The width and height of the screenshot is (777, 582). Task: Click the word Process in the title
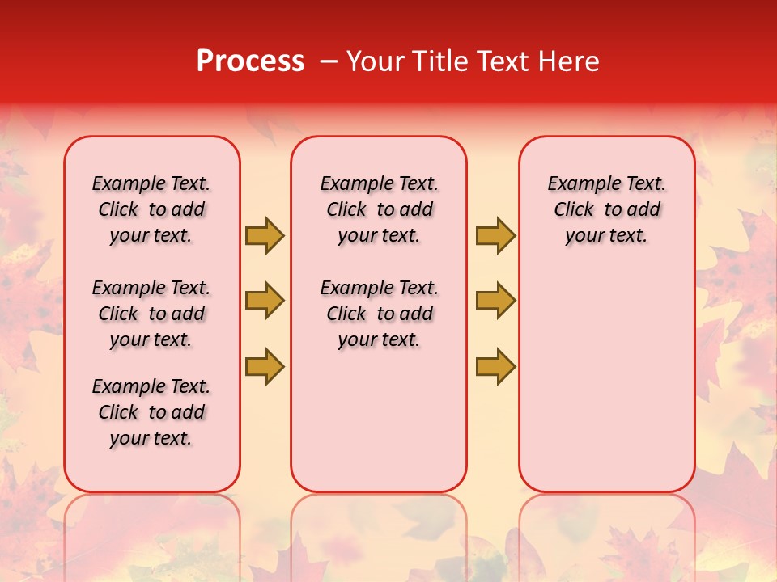[250, 61]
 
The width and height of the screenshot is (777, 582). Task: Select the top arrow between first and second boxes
[265, 235]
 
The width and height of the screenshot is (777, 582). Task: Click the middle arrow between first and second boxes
[265, 301]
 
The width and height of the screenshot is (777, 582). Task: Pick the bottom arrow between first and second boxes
[265, 366]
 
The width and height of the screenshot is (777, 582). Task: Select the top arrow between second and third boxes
[495, 235]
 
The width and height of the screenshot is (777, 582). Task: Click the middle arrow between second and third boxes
[495, 301]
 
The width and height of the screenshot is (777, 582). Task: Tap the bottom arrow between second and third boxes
[495, 366]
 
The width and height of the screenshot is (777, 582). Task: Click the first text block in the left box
[151, 209]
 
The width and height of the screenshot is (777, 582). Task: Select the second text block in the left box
[151, 314]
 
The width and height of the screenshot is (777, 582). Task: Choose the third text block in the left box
[151, 412]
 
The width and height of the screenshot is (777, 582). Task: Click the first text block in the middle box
[379, 209]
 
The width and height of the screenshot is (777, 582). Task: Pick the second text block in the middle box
[379, 314]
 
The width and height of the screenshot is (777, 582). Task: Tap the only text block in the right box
[606, 209]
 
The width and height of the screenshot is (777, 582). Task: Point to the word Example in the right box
[577, 184]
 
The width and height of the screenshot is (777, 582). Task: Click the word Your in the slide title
[376, 61]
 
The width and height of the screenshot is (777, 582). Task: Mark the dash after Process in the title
[329, 61]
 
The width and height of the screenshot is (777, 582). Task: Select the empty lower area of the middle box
[379, 420]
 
